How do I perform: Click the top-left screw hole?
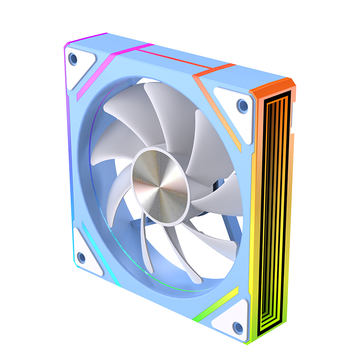pos(73,59)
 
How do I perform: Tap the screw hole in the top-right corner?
pos(243,106)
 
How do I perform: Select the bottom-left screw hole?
pos(81,257)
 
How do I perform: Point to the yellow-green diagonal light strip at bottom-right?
pos(216,305)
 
